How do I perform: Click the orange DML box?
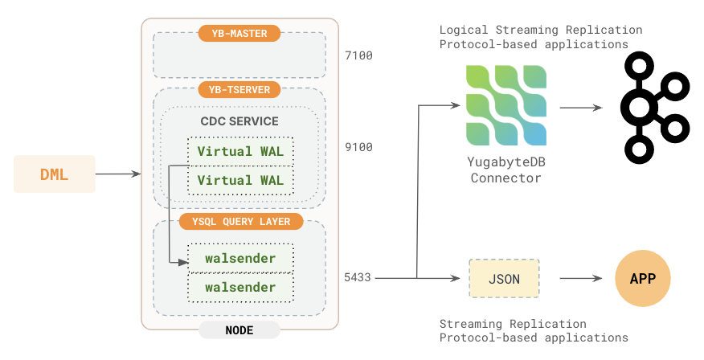(54, 174)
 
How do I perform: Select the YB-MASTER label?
(239, 33)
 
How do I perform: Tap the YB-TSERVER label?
(239, 89)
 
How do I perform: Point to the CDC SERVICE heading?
(239, 121)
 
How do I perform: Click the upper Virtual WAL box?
(240, 151)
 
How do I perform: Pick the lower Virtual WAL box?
(240, 180)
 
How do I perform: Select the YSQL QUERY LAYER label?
(240, 221)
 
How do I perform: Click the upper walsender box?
(240, 258)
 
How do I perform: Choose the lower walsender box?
(240, 287)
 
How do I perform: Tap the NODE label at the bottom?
(239, 330)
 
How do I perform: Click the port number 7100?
(358, 56)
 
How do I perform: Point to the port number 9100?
(358, 148)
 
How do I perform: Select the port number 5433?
(358, 277)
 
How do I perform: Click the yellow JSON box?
(504, 279)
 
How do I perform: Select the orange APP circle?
(642, 279)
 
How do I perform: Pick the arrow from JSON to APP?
(580, 279)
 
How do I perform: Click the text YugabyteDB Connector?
(505, 170)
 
